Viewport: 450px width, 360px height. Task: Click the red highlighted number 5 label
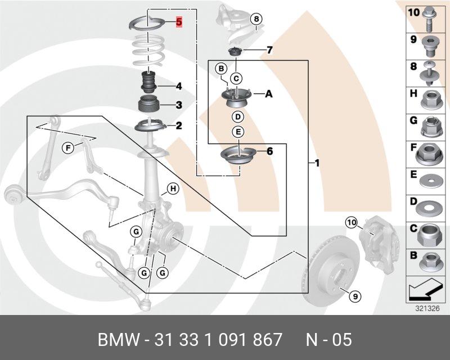click(179, 22)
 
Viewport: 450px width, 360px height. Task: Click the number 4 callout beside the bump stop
click(178, 87)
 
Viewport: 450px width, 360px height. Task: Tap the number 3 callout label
click(178, 105)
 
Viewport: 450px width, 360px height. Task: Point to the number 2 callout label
click(178, 126)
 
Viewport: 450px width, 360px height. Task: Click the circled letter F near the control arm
click(67, 148)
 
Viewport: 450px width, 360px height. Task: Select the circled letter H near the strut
click(173, 189)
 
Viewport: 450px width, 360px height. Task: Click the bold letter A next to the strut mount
click(268, 94)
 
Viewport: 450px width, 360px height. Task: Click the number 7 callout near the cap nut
click(269, 51)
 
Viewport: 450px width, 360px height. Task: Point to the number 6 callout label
click(269, 151)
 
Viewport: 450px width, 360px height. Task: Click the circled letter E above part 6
click(238, 132)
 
